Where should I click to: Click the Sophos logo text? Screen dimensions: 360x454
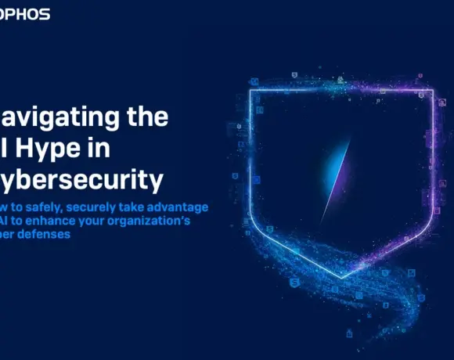pos(25,14)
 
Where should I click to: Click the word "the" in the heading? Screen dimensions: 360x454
pos(147,118)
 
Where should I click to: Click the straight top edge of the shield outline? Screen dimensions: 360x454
pos(340,90)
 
